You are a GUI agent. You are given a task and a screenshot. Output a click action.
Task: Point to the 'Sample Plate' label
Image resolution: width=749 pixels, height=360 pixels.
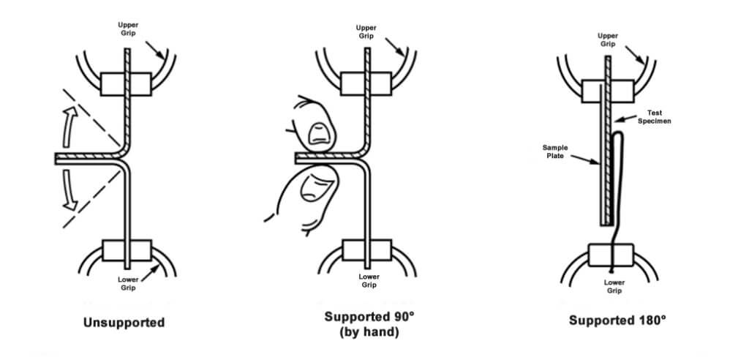[554, 151]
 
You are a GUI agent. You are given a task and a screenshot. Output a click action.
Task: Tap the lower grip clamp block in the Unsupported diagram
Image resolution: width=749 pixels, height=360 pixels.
[127, 251]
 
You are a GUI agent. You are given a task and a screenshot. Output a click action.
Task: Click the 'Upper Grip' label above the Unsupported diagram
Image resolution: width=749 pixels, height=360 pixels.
[129, 29]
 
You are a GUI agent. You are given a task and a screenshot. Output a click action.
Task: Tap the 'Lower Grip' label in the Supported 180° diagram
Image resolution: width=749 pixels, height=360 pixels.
[614, 287]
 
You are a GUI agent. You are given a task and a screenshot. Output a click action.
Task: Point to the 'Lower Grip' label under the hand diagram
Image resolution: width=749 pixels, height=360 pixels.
[369, 280]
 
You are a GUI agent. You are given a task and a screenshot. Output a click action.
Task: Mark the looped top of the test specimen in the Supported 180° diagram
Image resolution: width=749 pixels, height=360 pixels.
[618, 135]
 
